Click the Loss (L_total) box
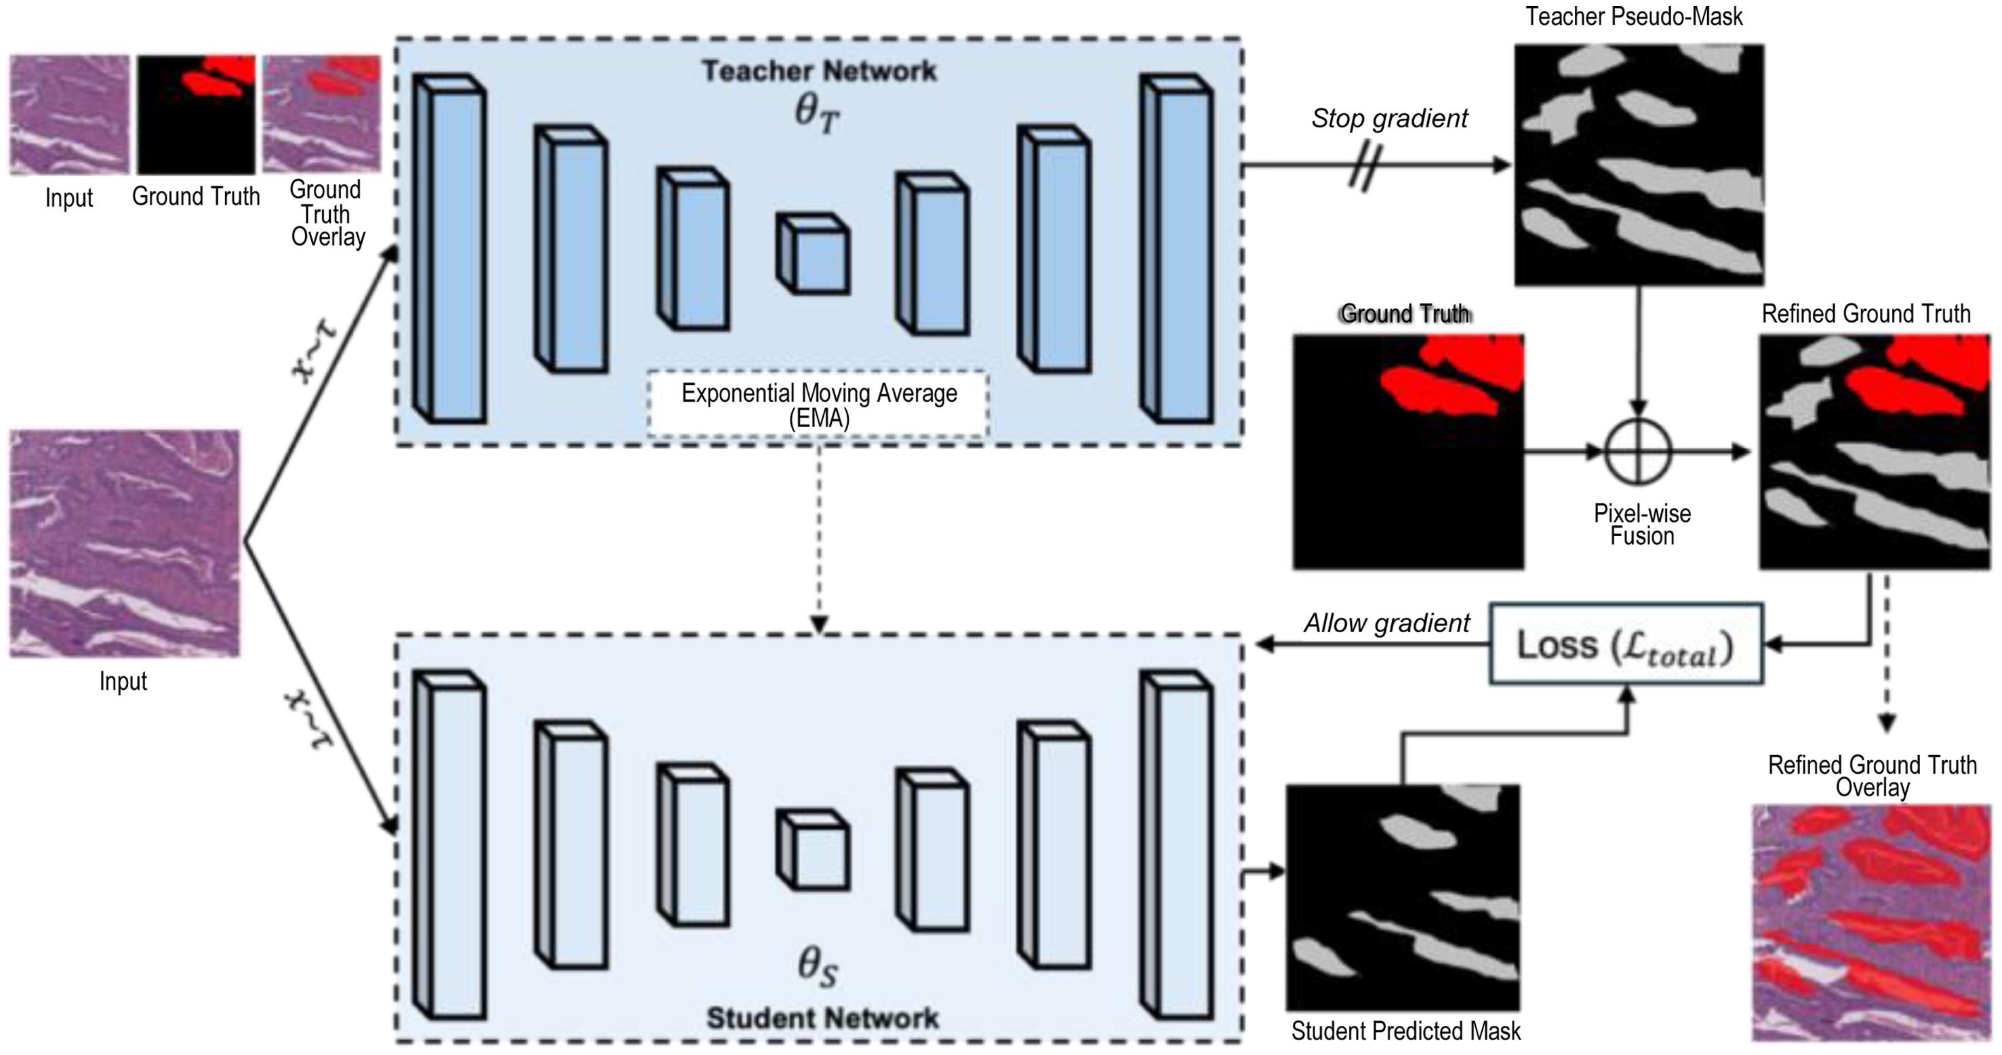point(1625,644)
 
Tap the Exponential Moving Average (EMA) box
point(818,404)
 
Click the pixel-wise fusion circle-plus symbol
point(1639,451)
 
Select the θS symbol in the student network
point(818,966)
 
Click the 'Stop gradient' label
point(1390,118)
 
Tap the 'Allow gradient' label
point(1386,623)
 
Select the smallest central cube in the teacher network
point(814,254)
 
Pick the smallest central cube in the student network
point(814,850)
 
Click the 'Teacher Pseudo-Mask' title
point(1634,16)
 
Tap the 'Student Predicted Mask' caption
point(1405,1031)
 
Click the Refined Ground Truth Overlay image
point(1871,922)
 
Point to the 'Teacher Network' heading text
point(819,70)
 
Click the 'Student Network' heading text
point(822,1018)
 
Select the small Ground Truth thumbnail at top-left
point(196,115)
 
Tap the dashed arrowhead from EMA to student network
point(819,624)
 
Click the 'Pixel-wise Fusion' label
point(1641,524)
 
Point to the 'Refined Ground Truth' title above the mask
point(1865,314)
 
